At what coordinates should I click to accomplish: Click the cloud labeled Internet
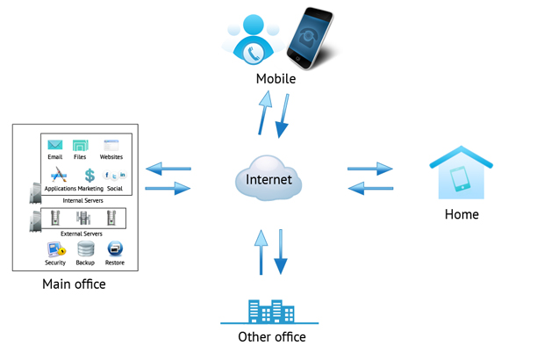click(x=268, y=178)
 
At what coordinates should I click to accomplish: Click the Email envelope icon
click(x=55, y=146)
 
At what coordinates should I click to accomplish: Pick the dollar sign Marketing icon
click(x=89, y=175)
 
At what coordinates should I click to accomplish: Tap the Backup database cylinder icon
click(x=85, y=248)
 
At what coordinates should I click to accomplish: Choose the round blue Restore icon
click(x=115, y=248)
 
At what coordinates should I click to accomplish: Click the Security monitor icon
click(x=55, y=248)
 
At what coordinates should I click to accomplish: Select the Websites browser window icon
click(x=111, y=146)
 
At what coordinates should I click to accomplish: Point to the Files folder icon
click(x=81, y=146)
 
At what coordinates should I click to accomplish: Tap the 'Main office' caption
click(x=74, y=284)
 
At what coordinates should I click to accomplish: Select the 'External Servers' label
click(x=82, y=234)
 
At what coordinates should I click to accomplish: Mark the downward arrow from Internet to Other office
click(x=281, y=252)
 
